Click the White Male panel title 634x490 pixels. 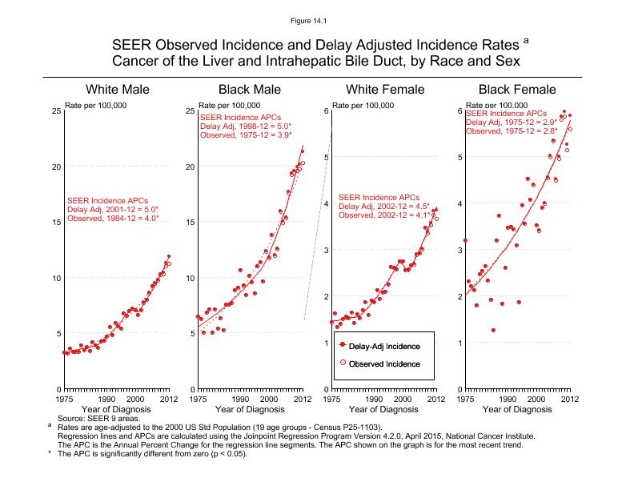tap(118, 89)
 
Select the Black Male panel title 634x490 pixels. tap(251, 89)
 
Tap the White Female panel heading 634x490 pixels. tap(384, 89)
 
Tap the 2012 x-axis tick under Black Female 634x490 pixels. tap(569, 399)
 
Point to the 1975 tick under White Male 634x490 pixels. tap(64, 399)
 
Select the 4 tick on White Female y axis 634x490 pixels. tap(326, 204)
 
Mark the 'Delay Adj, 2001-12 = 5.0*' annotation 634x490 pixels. tap(113, 209)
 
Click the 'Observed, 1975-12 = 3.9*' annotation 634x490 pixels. tap(246, 135)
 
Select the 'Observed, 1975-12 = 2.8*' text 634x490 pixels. tap(512, 131)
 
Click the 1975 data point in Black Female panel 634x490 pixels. tap(465, 241)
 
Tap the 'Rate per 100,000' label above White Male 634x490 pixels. tap(95, 105)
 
